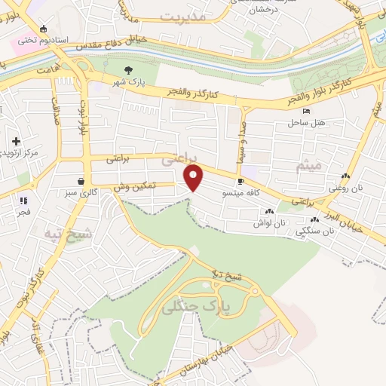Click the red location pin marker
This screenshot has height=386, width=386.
tap(195, 178)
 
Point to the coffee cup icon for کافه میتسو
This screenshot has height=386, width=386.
tap(240, 182)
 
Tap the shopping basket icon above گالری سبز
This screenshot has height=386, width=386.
tap(81, 181)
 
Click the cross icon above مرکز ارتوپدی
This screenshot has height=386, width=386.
tap(16, 140)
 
